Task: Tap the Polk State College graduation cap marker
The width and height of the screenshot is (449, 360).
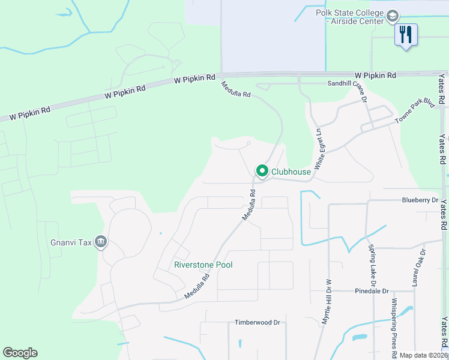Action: click(x=393, y=16)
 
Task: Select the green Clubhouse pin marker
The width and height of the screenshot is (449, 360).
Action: click(x=262, y=172)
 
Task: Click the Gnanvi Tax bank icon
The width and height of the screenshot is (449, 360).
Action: click(x=100, y=242)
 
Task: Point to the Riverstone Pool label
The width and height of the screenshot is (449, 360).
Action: click(x=203, y=265)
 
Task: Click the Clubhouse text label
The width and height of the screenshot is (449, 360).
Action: click(x=291, y=172)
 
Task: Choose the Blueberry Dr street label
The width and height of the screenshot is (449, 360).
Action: click(x=421, y=200)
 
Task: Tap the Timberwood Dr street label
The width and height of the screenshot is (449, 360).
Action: click(x=258, y=322)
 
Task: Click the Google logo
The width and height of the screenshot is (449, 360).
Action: click(x=20, y=353)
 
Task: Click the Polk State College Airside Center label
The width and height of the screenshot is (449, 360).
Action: click(x=349, y=17)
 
